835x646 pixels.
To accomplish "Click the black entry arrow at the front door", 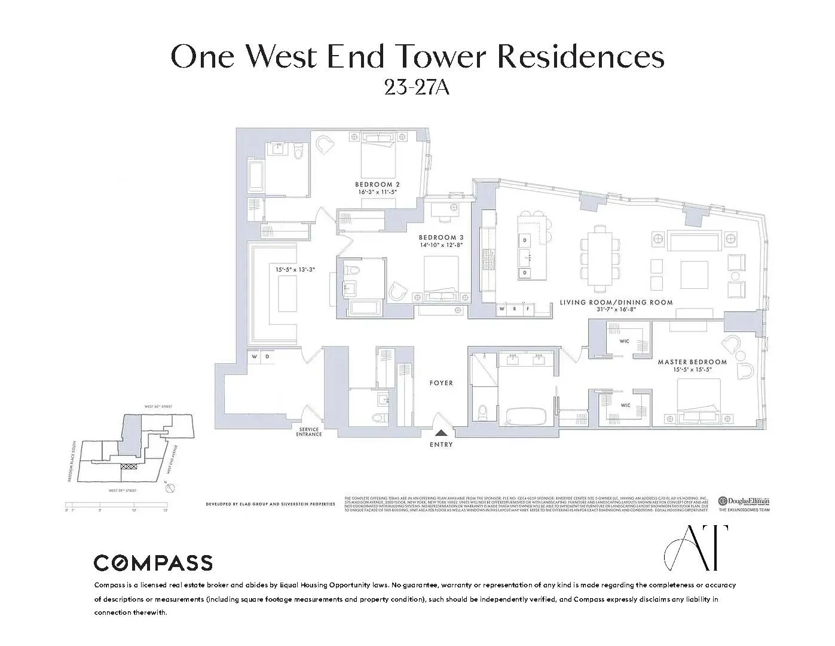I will (441, 434).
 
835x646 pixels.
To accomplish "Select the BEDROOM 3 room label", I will (441, 237).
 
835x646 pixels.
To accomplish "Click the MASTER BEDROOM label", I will (692, 362).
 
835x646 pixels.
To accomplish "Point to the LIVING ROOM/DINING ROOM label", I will (616, 302).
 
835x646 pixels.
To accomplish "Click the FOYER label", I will (441, 383).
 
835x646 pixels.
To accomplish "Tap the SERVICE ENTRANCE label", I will (309, 431).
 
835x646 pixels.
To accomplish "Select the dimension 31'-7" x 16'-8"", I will (616, 310).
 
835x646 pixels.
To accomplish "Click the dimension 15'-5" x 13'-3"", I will (295, 270).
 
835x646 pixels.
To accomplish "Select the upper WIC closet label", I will (625, 342).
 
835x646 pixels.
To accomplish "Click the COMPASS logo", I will (153, 563).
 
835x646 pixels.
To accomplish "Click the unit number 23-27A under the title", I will (417, 87).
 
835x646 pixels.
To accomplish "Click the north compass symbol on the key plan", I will (170, 488).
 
